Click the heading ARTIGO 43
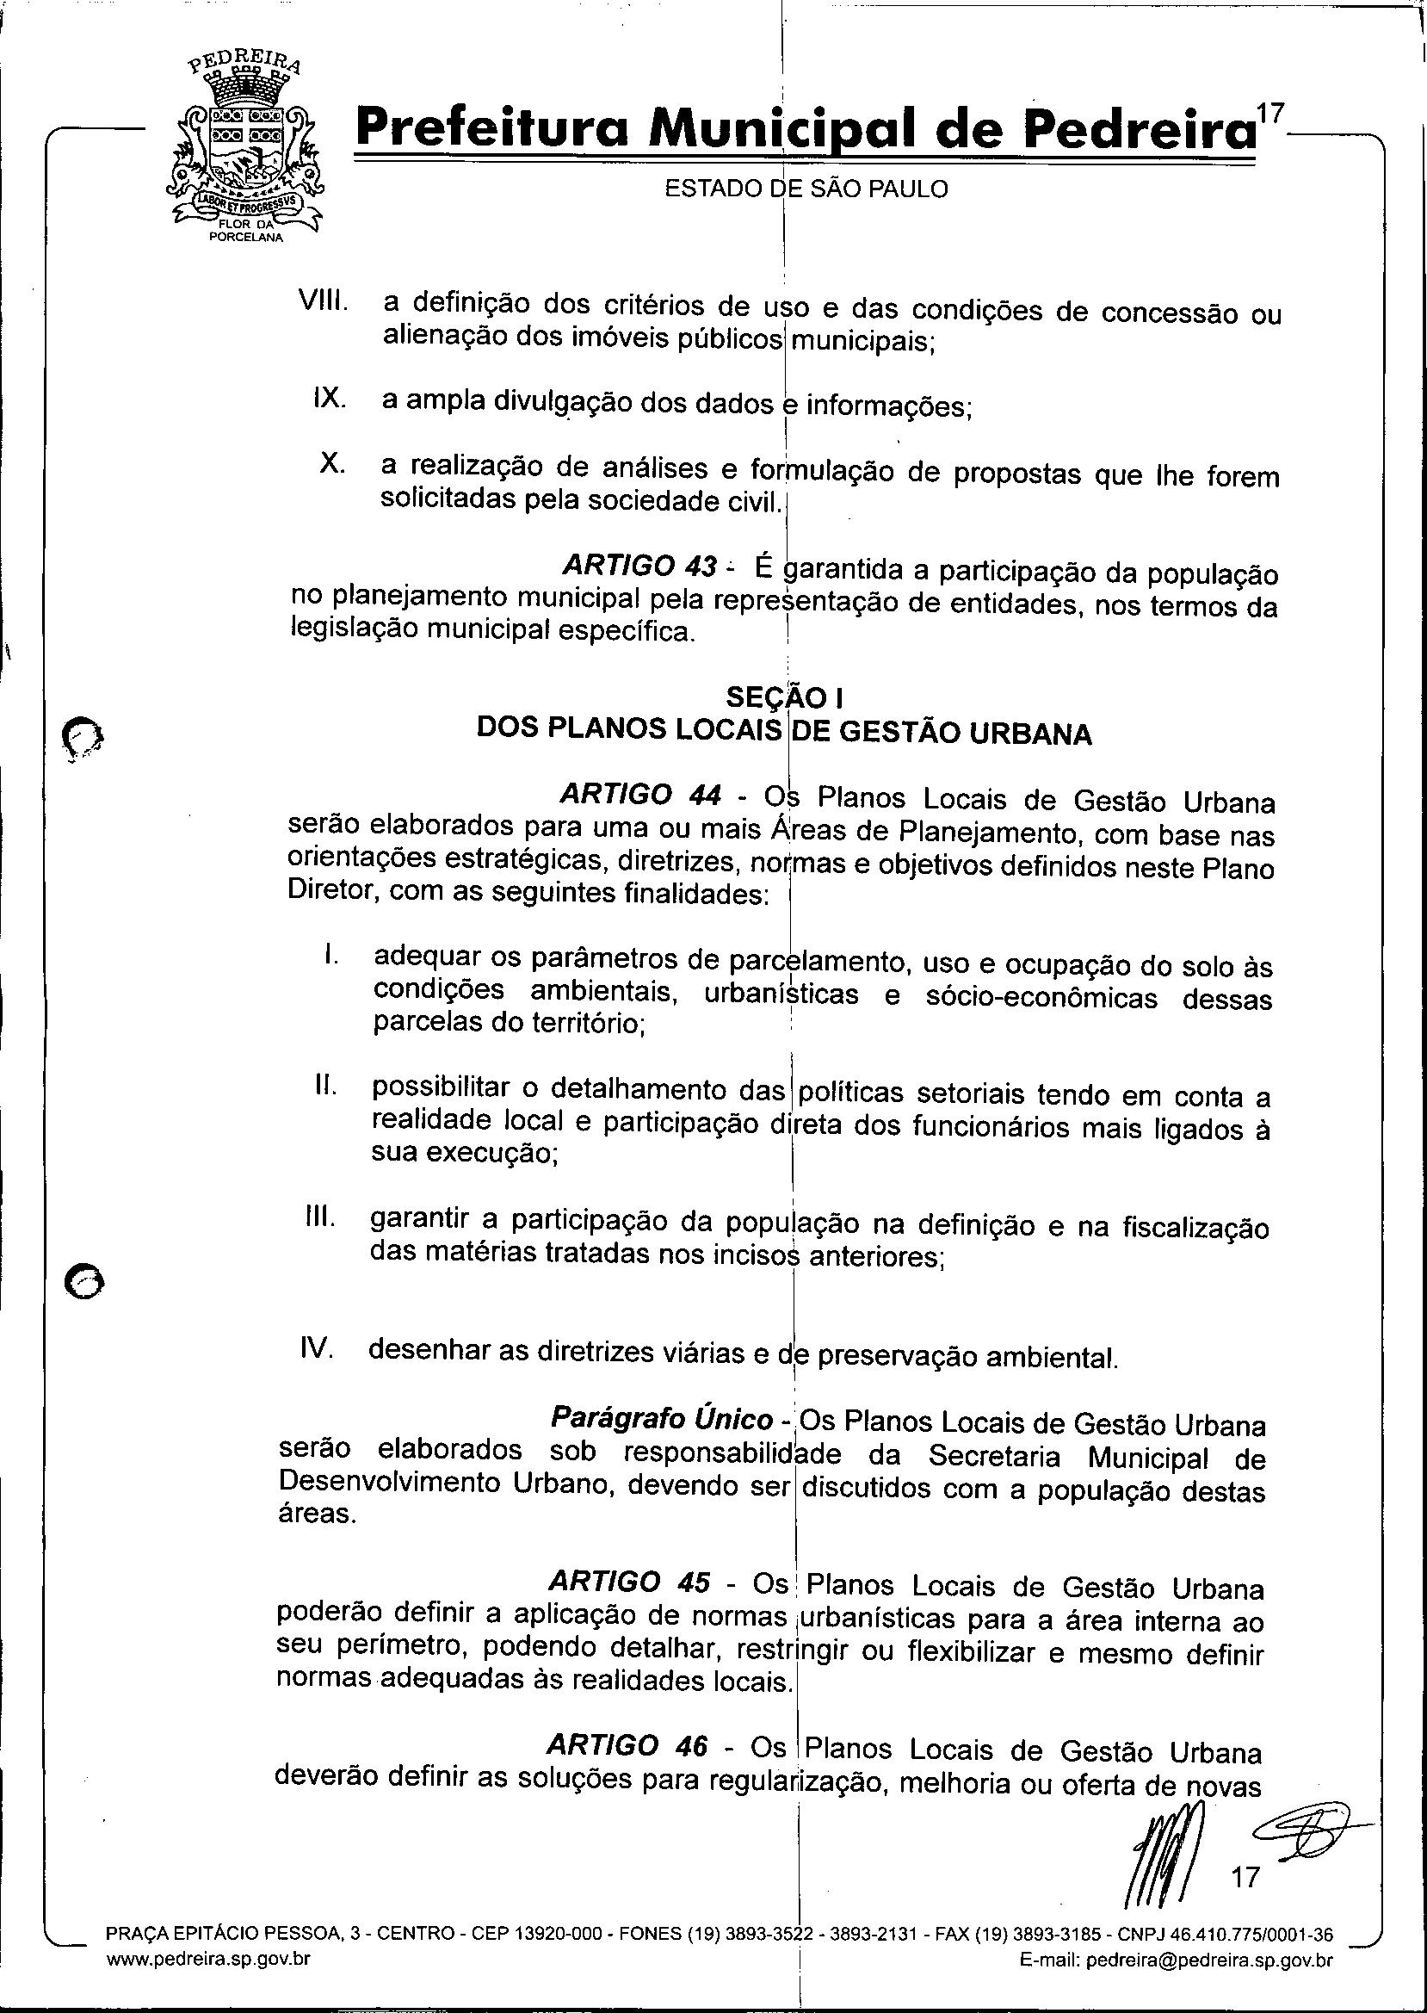[x=639, y=565]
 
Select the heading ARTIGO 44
[x=640, y=795]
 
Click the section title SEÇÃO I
[x=786, y=697]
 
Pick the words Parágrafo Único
[x=662, y=1418]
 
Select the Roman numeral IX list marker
[x=329, y=398]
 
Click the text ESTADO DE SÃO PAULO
[x=806, y=189]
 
